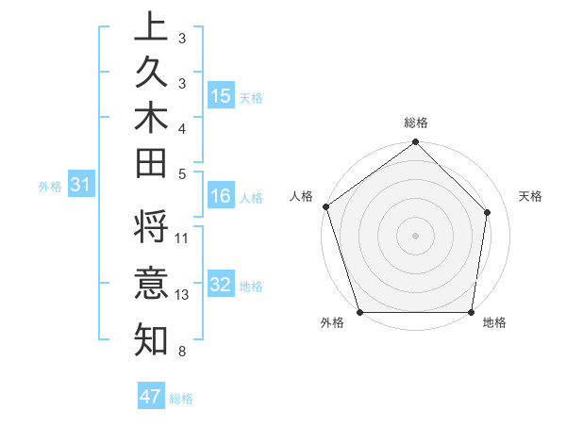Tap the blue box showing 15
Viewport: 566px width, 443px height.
[x=221, y=96]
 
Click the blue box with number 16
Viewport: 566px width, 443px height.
[x=221, y=197]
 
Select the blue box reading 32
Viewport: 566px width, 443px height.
[x=221, y=286]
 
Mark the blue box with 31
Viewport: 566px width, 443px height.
[x=81, y=187]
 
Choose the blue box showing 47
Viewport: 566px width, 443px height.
[x=151, y=397]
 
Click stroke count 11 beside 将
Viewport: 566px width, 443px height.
[x=182, y=238]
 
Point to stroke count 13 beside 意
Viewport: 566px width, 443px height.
[x=182, y=294]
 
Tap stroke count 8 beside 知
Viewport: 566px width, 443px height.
[x=180, y=352]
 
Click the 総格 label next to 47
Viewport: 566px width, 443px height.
[x=181, y=399]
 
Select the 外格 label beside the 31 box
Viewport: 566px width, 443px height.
[x=50, y=188]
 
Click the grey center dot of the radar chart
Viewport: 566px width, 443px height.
[x=415, y=235]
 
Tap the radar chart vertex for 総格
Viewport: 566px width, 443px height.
[x=415, y=143]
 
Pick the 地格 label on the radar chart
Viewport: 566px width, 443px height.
[x=494, y=323]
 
